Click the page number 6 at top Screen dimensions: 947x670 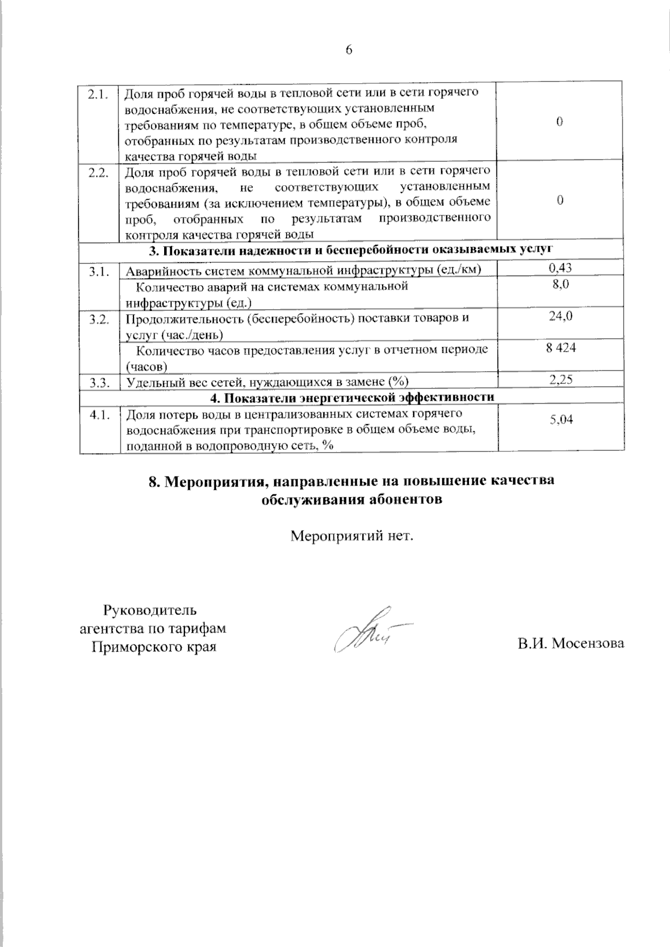click(x=349, y=50)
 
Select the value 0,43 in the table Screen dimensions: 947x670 click(x=560, y=268)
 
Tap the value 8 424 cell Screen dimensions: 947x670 click(x=561, y=348)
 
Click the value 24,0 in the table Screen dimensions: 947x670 click(x=560, y=316)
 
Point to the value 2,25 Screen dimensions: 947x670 click(x=561, y=380)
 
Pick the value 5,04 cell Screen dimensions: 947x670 click(x=561, y=420)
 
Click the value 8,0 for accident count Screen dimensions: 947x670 click(x=560, y=285)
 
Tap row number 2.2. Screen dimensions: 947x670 click(x=98, y=172)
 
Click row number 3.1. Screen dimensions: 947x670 click(x=98, y=272)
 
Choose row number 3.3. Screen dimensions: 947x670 click(x=98, y=383)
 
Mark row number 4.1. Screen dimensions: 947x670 click(x=98, y=415)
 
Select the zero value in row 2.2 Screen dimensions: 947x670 click(x=559, y=200)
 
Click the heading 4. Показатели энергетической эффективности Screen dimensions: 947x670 click(x=352, y=397)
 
